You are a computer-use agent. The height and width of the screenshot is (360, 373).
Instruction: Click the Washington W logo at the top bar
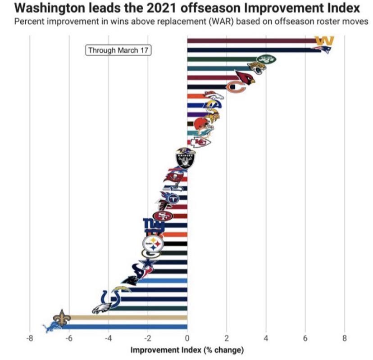click(x=324, y=40)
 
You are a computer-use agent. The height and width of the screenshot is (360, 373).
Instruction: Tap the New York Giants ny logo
click(x=151, y=224)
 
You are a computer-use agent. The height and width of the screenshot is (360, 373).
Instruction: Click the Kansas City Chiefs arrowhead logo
click(x=200, y=142)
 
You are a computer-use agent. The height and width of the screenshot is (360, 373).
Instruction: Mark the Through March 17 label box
click(x=118, y=50)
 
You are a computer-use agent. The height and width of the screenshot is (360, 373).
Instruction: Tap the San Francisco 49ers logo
click(x=163, y=216)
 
